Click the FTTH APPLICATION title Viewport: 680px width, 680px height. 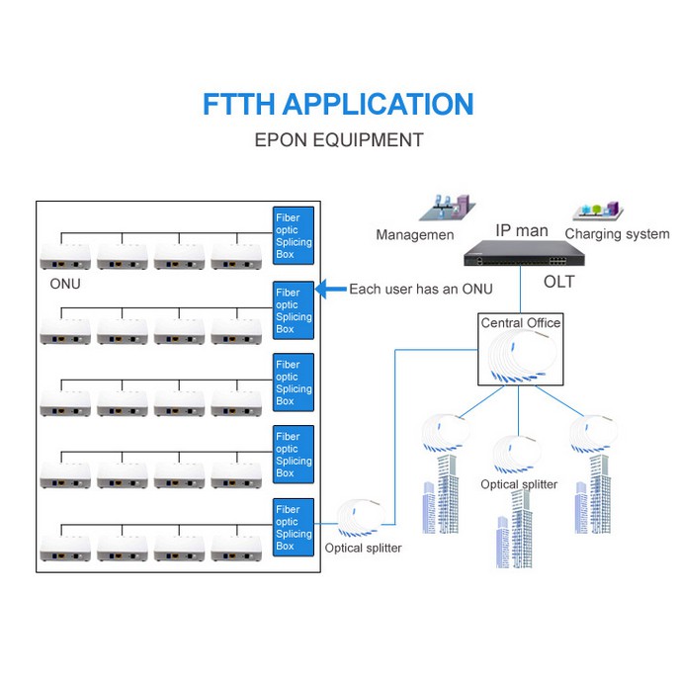(x=338, y=105)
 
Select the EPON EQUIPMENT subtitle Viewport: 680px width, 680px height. (x=338, y=139)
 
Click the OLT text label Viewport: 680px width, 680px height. (x=558, y=283)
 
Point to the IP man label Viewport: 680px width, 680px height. (x=521, y=230)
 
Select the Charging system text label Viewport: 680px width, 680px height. (x=617, y=234)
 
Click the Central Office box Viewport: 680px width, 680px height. (x=520, y=352)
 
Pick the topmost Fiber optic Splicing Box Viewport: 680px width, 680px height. (x=294, y=235)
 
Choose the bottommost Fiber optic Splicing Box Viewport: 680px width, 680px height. (x=294, y=526)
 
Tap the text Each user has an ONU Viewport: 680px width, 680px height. (x=420, y=290)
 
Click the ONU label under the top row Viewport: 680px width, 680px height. (x=65, y=284)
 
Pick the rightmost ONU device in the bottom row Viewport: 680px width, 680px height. (x=236, y=548)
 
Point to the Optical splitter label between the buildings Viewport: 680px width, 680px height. (x=519, y=484)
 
